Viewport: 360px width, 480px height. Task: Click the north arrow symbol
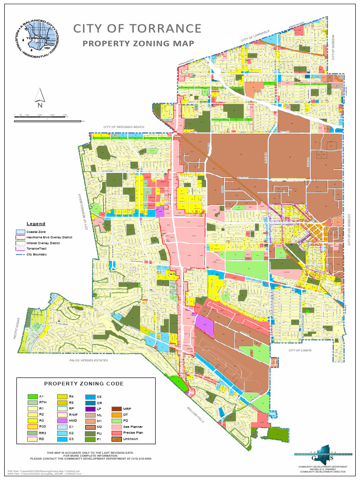(x=39, y=98)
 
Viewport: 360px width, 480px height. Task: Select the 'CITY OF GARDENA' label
(x=334, y=47)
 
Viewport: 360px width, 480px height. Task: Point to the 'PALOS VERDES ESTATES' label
(x=89, y=360)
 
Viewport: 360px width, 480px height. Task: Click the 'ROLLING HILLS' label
(x=193, y=413)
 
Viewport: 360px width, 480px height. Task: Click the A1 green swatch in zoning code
(x=32, y=397)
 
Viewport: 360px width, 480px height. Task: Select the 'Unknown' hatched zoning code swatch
(x=115, y=439)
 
